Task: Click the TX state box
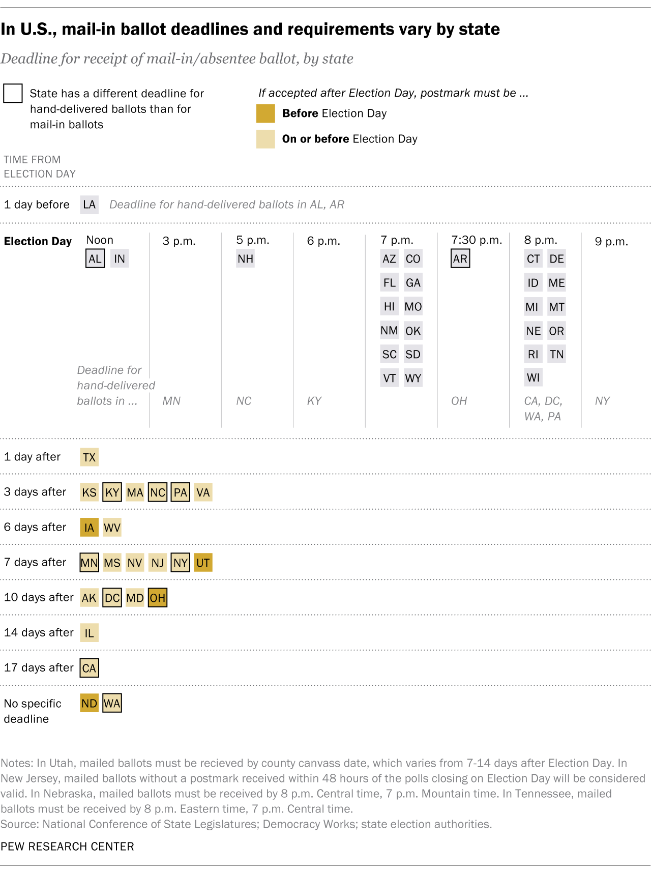point(89,457)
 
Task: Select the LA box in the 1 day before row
point(89,205)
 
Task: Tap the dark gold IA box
point(89,528)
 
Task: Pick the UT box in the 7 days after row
point(203,563)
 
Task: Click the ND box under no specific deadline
point(89,703)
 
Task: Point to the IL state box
point(89,633)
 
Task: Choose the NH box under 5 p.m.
point(245,258)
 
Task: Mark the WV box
point(112,528)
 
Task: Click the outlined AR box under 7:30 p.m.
point(460,258)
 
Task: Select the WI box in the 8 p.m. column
point(533,377)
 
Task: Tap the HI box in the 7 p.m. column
point(389,306)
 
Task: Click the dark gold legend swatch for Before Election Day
point(265,113)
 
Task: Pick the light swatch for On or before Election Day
point(265,139)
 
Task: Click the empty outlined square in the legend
point(13,94)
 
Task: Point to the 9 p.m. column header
point(611,241)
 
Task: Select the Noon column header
point(100,240)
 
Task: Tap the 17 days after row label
point(39,667)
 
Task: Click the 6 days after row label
point(35,527)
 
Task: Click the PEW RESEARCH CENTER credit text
point(67,846)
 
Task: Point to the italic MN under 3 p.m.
point(171,401)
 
